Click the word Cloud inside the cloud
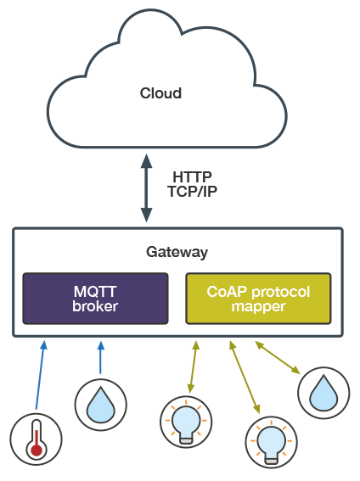[x=160, y=92]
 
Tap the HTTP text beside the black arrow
[x=192, y=176]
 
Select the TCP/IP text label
[x=192, y=191]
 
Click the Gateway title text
[x=177, y=253]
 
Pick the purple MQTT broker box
[x=95, y=299]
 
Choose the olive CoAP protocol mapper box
[x=257, y=299]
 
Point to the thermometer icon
[x=35, y=439]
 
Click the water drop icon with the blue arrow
[x=100, y=403]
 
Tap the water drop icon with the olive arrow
[x=323, y=393]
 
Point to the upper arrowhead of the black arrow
[x=146, y=161]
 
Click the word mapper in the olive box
[x=258, y=306]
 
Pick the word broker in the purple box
[x=95, y=306]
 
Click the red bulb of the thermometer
[x=35, y=450]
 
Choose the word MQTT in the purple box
[x=95, y=292]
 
